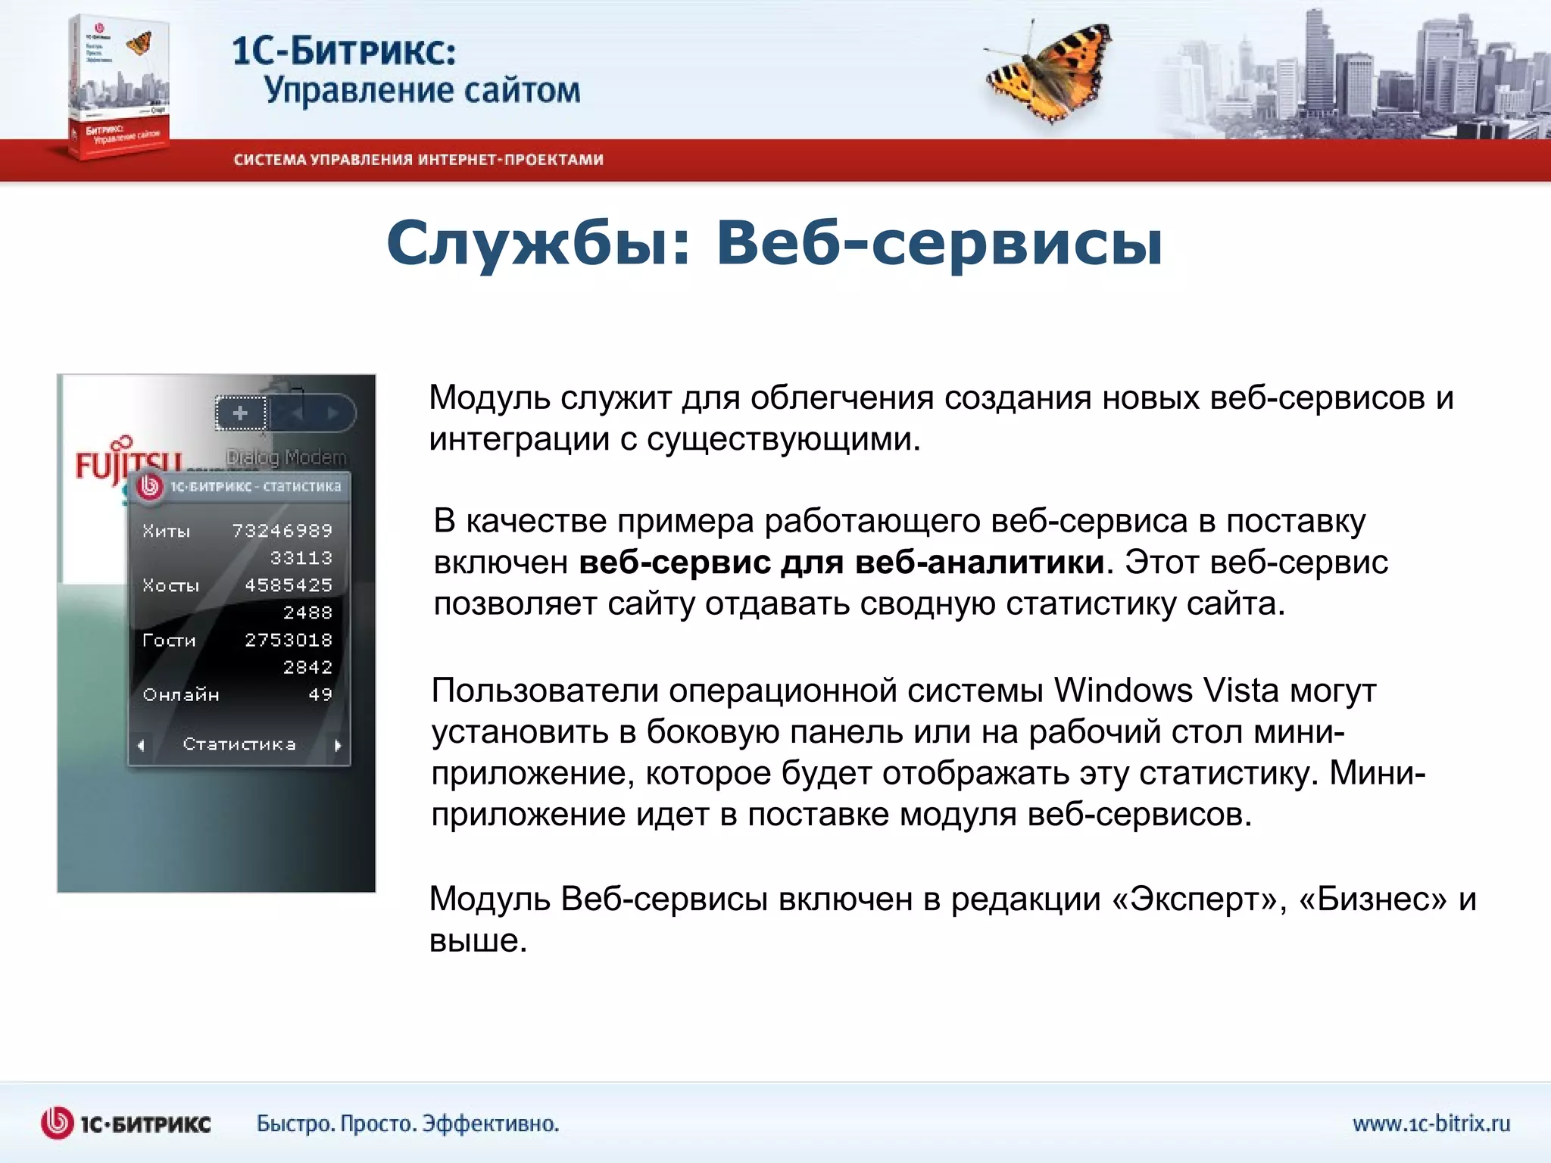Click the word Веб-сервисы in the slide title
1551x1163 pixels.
pos(939,243)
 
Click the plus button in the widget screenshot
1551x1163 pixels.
pos(241,413)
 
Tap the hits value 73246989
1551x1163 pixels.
pos(282,531)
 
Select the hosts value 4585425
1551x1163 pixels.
pos(288,585)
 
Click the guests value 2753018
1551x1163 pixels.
pos(288,640)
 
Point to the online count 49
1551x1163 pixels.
pos(320,694)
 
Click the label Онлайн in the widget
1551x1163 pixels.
pos(181,694)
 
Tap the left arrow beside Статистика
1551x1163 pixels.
pos(141,745)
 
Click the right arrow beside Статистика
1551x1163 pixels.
pos(338,745)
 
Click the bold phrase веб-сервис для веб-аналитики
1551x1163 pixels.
pos(841,563)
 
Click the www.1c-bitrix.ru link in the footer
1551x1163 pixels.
pos(1431,1124)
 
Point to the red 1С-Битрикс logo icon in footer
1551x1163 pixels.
pos(57,1123)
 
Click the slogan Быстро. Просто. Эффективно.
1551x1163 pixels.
pos(407,1124)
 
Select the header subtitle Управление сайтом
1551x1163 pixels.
pos(422,91)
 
